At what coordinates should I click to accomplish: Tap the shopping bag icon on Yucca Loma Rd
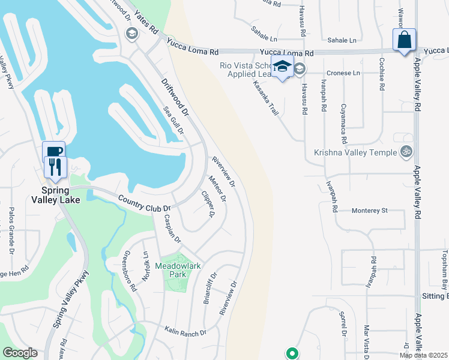click(405, 40)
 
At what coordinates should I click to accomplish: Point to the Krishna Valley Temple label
click(355, 152)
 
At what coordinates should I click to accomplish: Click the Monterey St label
click(370, 211)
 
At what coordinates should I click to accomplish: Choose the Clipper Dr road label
click(208, 203)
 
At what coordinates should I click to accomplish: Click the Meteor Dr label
click(218, 188)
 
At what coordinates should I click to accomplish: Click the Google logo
click(20, 353)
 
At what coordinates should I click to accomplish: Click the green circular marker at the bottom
click(292, 353)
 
